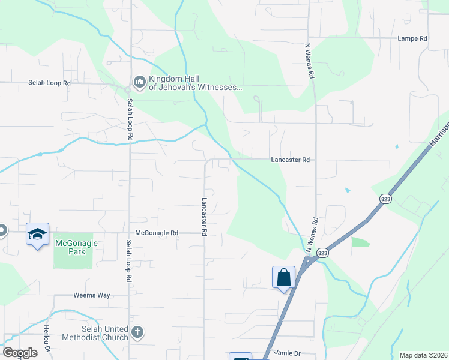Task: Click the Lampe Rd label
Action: tap(412, 38)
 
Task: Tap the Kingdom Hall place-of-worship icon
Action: tap(139, 82)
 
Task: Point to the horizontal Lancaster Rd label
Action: tap(290, 160)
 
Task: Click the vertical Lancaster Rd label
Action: tap(205, 216)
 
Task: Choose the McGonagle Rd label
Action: tap(157, 233)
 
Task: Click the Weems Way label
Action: tap(92, 295)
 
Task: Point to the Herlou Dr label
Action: tap(46, 338)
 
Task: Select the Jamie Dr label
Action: tap(286, 353)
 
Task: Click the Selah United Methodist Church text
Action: tap(105, 333)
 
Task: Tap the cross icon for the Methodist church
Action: tap(137, 332)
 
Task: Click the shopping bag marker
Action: tap(283, 278)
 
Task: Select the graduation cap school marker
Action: tap(37, 234)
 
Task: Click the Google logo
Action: tap(19, 353)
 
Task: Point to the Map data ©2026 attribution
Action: tap(423, 355)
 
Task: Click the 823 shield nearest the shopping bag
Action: tap(322, 252)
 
